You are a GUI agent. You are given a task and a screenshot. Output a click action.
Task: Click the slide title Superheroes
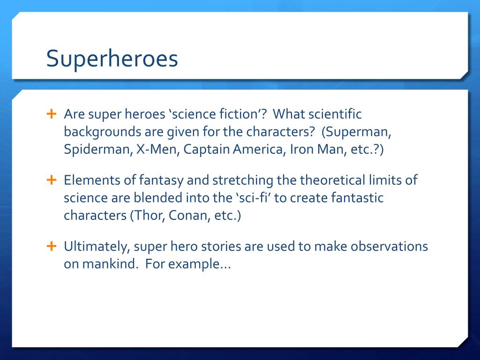(x=112, y=59)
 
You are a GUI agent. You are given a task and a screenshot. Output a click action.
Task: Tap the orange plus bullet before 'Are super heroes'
(x=51, y=114)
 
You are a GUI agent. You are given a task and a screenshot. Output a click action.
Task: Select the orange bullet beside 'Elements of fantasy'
(x=51, y=180)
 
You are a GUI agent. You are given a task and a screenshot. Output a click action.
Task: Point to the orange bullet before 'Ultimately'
(x=51, y=246)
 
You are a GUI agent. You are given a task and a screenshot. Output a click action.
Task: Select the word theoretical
(x=334, y=180)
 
